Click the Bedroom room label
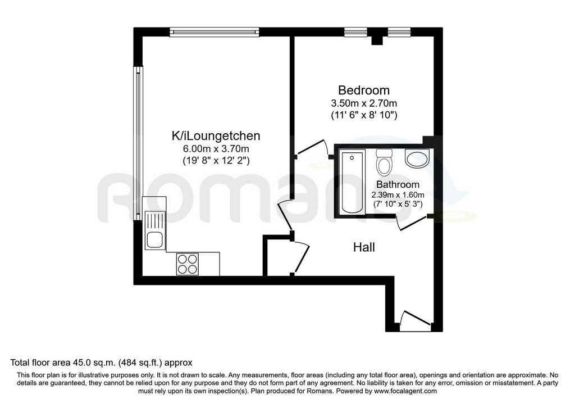(364, 90)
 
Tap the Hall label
(364, 247)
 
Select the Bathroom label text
(398, 184)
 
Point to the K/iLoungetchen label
(216, 136)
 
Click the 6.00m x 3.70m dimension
(216, 148)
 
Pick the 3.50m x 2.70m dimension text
(364, 103)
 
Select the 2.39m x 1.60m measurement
(398, 194)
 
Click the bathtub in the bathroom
(352, 182)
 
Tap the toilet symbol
(384, 162)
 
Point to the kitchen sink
(156, 230)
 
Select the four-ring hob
(188, 264)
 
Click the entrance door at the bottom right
(415, 319)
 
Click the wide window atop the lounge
(215, 32)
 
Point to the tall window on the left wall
(138, 143)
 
